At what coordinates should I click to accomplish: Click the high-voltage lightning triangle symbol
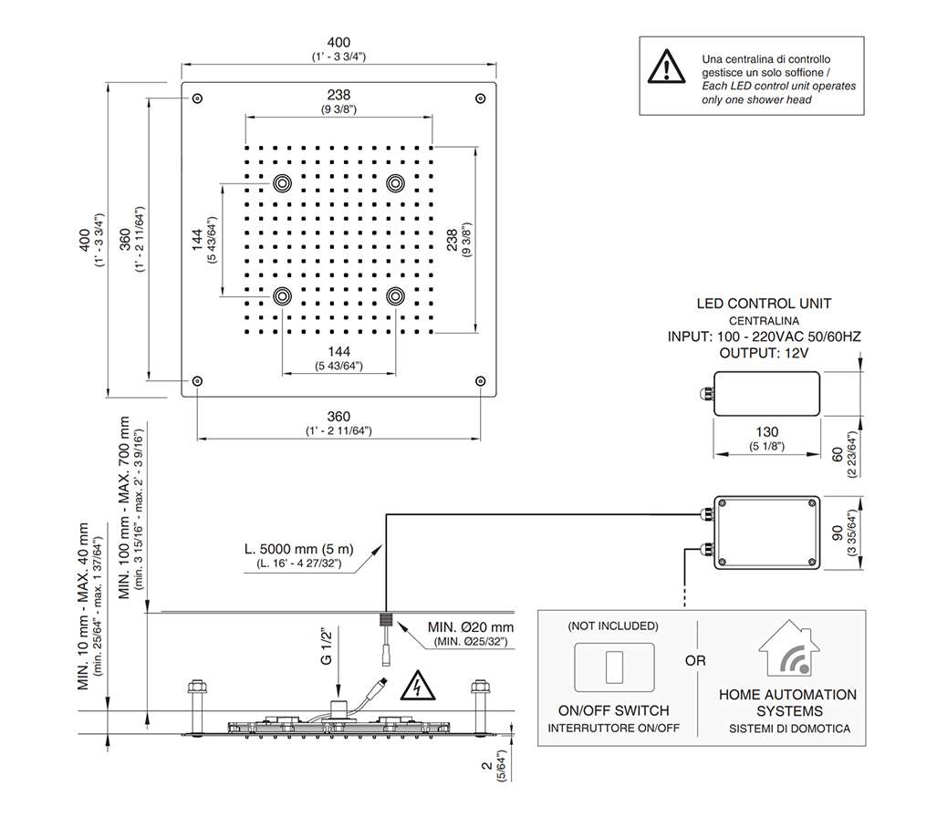pyautogui.click(x=417, y=683)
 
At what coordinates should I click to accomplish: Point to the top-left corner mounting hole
pyautogui.click(x=198, y=98)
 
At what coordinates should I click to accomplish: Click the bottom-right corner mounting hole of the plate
pyautogui.click(x=480, y=380)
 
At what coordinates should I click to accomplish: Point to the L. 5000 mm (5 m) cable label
pyautogui.click(x=298, y=551)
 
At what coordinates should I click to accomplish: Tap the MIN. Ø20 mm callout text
pyautogui.click(x=471, y=627)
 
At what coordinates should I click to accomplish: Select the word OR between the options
pyautogui.click(x=695, y=660)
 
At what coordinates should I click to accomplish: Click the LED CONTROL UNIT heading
pyautogui.click(x=764, y=304)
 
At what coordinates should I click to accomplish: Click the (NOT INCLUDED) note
pyautogui.click(x=612, y=626)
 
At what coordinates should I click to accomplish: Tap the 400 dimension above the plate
pyautogui.click(x=338, y=43)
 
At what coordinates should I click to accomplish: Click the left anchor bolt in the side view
pyautogui.click(x=194, y=698)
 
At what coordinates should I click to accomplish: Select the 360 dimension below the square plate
pyautogui.click(x=338, y=417)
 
